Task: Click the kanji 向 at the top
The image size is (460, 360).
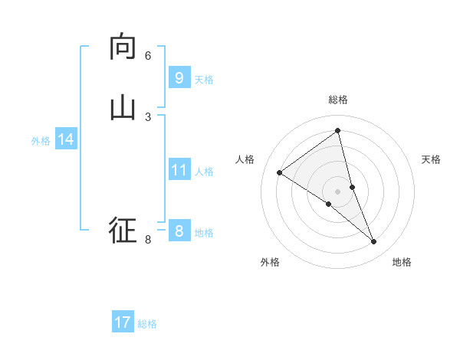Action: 123,47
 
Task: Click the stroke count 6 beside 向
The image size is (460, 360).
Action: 148,56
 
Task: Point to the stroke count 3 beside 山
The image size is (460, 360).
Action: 148,116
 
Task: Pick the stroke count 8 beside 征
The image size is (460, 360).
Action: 148,240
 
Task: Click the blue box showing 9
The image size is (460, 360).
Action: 179,78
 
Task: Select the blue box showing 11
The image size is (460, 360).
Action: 179,170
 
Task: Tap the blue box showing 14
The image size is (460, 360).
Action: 66,139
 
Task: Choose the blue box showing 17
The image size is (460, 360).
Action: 123,322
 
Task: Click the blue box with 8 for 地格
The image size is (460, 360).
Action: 179,231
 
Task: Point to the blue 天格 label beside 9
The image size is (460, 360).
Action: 204,80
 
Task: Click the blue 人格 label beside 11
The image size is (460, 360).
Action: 204,172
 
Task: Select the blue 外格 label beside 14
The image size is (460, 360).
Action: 41,141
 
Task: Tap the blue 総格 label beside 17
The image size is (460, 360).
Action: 147,324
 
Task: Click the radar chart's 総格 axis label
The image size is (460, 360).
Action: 338,100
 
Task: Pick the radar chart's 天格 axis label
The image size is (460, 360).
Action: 431,159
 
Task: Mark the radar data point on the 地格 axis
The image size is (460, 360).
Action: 374,242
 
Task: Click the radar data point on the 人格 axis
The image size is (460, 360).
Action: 279,172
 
